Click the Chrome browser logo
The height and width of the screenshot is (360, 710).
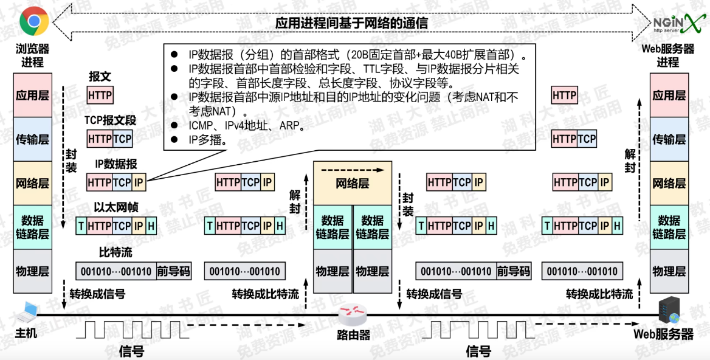click(34, 22)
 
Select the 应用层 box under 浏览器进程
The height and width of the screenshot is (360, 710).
click(32, 95)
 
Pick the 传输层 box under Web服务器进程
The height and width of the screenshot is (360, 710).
click(669, 139)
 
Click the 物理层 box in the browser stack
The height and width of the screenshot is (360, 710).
click(32, 271)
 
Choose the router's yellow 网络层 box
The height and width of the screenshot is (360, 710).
click(353, 183)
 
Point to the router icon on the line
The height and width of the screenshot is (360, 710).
click(352, 315)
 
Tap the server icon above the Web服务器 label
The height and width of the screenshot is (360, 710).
click(670, 311)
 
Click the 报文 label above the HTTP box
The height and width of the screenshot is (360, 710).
click(100, 77)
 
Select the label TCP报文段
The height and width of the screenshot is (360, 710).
click(110, 120)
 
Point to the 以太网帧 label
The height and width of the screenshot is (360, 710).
click(116, 207)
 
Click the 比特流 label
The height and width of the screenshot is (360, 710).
click(115, 252)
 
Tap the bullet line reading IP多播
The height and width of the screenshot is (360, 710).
click(208, 140)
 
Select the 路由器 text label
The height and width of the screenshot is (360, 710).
click(353, 334)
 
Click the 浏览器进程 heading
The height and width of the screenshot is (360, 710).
click(32, 55)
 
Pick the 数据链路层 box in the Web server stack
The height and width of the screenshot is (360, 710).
click(669, 227)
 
